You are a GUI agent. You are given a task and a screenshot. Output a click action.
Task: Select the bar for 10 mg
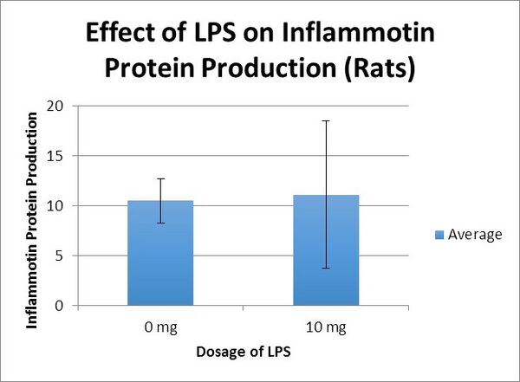[326, 250]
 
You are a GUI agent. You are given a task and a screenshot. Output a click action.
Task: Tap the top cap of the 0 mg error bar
[160, 178]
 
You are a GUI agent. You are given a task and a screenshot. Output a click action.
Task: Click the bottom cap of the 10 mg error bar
[326, 268]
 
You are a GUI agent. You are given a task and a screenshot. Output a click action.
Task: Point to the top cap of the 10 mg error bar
[326, 120]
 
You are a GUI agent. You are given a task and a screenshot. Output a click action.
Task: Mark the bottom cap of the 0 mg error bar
[160, 223]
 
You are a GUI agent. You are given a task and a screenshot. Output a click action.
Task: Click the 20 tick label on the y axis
[58, 106]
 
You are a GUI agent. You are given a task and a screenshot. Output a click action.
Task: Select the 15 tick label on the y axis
[58, 156]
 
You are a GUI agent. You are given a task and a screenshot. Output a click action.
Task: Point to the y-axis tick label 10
[58, 206]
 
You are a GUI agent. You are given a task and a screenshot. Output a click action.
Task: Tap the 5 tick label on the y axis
[62, 256]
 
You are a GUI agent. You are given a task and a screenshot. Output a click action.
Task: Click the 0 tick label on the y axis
[62, 306]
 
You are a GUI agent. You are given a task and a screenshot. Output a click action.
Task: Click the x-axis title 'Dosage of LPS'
[243, 353]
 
